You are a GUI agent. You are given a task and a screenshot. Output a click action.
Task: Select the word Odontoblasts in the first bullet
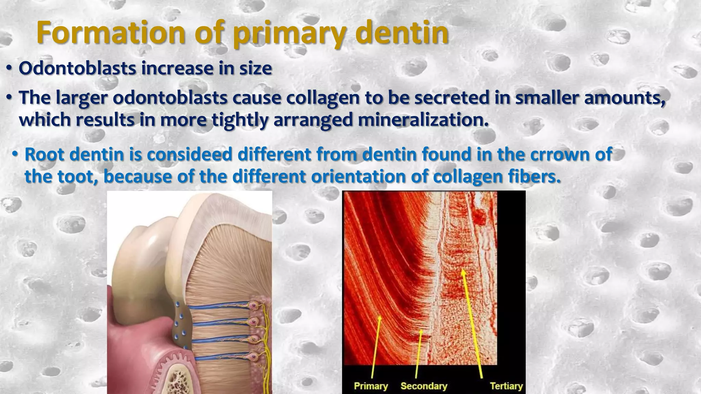77,68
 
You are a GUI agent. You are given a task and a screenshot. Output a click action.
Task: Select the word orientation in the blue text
358,176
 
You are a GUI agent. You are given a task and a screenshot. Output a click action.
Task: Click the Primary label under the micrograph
371,386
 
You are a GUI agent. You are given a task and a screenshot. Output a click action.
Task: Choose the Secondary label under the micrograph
424,386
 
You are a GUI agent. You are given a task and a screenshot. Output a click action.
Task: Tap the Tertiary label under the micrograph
506,386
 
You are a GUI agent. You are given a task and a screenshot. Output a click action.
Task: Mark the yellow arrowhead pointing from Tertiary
463,272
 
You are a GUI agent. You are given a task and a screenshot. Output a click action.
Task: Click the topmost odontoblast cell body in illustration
253,305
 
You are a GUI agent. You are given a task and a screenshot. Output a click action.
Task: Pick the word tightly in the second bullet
240,120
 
